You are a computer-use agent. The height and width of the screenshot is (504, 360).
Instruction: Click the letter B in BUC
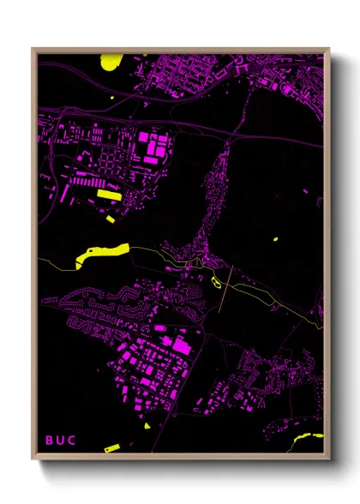point(49,441)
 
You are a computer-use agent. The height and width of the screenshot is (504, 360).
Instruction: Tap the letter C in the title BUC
point(72,441)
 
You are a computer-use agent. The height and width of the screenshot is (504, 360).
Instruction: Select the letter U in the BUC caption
point(60,441)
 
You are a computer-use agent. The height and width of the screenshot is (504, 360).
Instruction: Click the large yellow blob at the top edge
point(111,61)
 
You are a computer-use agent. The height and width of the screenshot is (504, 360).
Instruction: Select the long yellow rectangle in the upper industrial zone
point(109,195)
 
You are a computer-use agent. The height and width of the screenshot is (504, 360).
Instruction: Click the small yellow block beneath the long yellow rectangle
point(111,219)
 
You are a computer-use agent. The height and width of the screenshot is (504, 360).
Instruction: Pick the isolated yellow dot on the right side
point(276,238)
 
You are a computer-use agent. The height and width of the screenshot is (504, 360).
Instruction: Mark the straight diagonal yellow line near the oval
point(225,294)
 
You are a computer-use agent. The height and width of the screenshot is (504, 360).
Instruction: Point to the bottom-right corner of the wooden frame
point(329,459)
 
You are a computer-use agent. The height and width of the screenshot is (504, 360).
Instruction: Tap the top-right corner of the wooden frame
point(329,49)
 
